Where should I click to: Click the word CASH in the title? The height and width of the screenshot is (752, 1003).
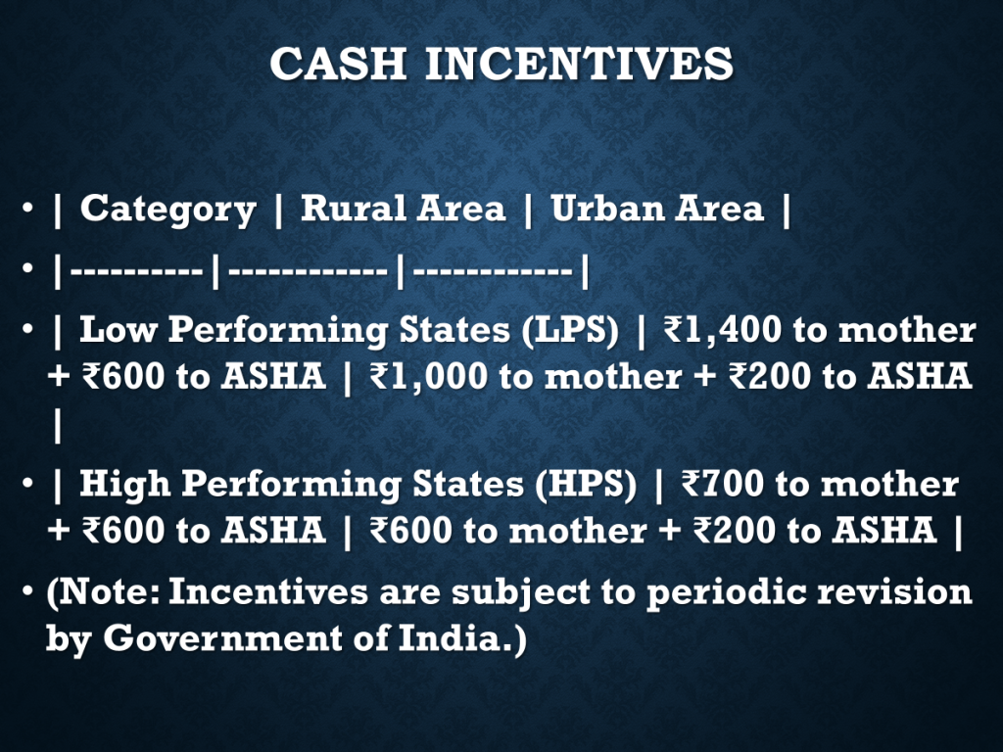point(338,64)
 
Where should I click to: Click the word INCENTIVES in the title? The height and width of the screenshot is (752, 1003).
point(580,64)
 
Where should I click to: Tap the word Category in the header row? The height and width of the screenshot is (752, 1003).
point(168,211)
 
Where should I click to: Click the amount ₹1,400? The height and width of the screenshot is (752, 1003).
point(723,330)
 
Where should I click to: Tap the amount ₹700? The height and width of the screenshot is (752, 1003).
point(723,484)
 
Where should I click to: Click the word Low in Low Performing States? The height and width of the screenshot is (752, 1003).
point(119,330)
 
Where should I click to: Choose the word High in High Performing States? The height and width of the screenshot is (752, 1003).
point(125,484)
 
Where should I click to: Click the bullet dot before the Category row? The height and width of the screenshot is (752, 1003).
point(26,208)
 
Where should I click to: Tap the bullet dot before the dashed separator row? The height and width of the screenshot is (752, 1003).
point(26,268)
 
